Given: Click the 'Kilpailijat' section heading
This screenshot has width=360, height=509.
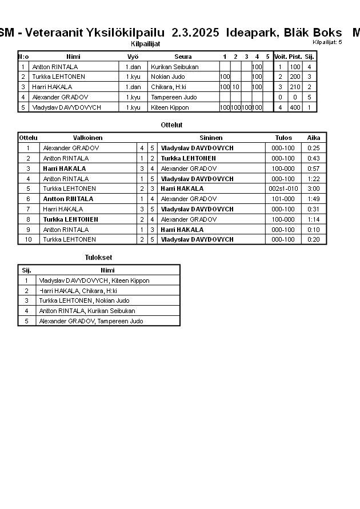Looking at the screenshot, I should pyautogui.click(x=146, y=43).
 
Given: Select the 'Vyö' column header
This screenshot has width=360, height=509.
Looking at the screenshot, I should pyautogui.click(x=133, y=57).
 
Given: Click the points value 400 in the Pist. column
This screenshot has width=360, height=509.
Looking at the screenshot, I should pyautogui.click(x=295, y=107).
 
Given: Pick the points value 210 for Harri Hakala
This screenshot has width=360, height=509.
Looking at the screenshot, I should pyautogui.click(x=295, y=87).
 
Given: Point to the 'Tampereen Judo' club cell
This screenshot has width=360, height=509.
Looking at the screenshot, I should pyautogui.click(x=174, y=97).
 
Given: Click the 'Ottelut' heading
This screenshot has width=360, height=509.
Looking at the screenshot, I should pyautogui.click(x=172, y=125).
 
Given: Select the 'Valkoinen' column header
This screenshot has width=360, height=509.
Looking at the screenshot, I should pyautogui.click(x=88, y=138).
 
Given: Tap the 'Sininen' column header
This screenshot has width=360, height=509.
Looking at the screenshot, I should pyautogui.click(x=211, y=138).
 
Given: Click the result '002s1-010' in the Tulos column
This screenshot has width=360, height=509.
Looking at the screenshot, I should pyautogui.click(x=283, y=189).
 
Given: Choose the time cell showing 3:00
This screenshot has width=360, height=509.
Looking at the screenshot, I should pyautogui.click(x=313, y=189).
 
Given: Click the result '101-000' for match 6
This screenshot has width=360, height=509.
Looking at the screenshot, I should pyautogui.click(x=283, y=199).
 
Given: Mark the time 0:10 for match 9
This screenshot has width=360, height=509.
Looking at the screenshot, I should pyautogui.click(x=313, y=230).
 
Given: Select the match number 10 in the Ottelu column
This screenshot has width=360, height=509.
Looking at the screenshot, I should pyautogui.click(x=28, y=239).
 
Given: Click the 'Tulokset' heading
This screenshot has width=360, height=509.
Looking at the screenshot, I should pyautogui.click(x=98, y=258).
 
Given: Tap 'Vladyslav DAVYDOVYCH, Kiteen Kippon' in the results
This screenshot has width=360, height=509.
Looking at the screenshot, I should pyautogui.click(x=94, y=280).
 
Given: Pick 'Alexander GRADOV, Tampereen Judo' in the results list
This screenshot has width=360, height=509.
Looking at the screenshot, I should pyautogui.click(x=91, y=321).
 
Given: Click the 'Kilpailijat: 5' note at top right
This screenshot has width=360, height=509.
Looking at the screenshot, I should pyautogui.click(x=327, y=42).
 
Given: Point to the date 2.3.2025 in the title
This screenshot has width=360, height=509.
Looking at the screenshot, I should pyautogui.click(x=195, y=33).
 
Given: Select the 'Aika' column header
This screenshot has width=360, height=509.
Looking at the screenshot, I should pyautogui.click(x=314, y=138).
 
